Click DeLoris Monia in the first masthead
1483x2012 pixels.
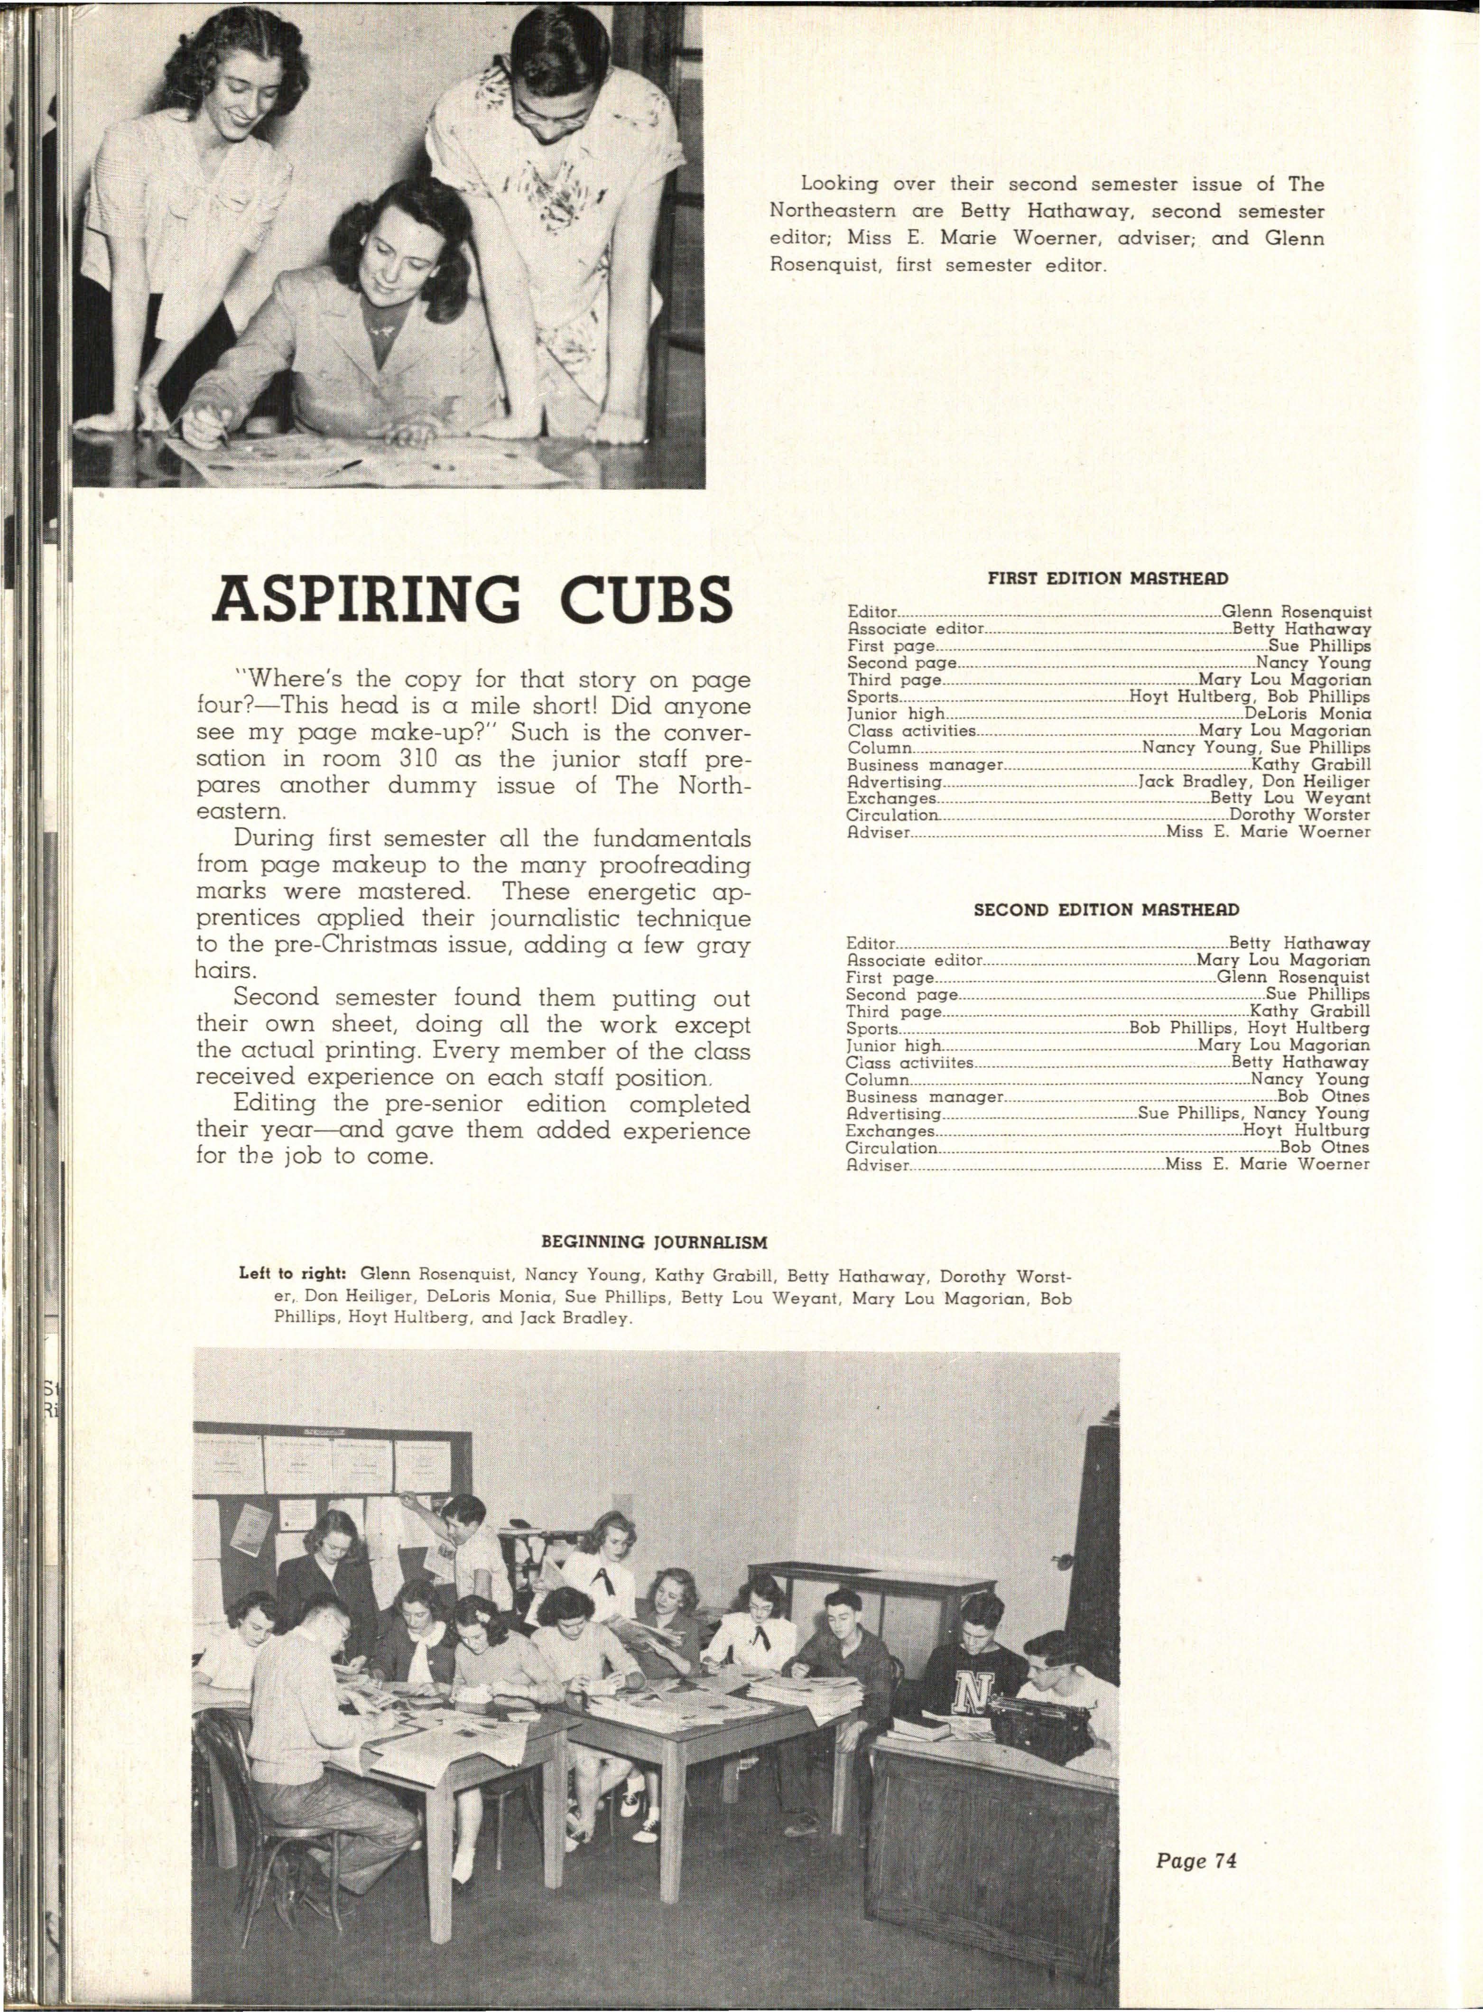click(x=1308, y=714)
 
